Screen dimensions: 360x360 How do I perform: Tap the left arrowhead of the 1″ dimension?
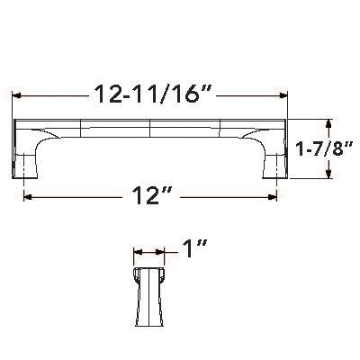pyautogui.click(x=137, y=255)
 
